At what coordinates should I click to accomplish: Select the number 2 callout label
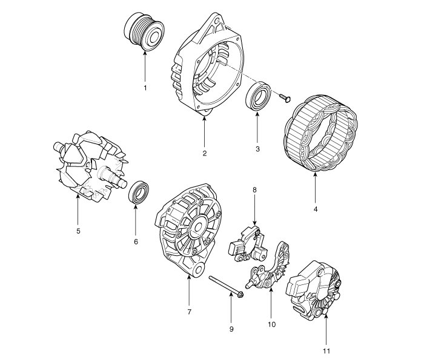(205, 153)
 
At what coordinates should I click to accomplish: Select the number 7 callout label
(189, 312)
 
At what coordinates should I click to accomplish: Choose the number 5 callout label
(78, 231)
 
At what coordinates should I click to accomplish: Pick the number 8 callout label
(254, 190)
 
